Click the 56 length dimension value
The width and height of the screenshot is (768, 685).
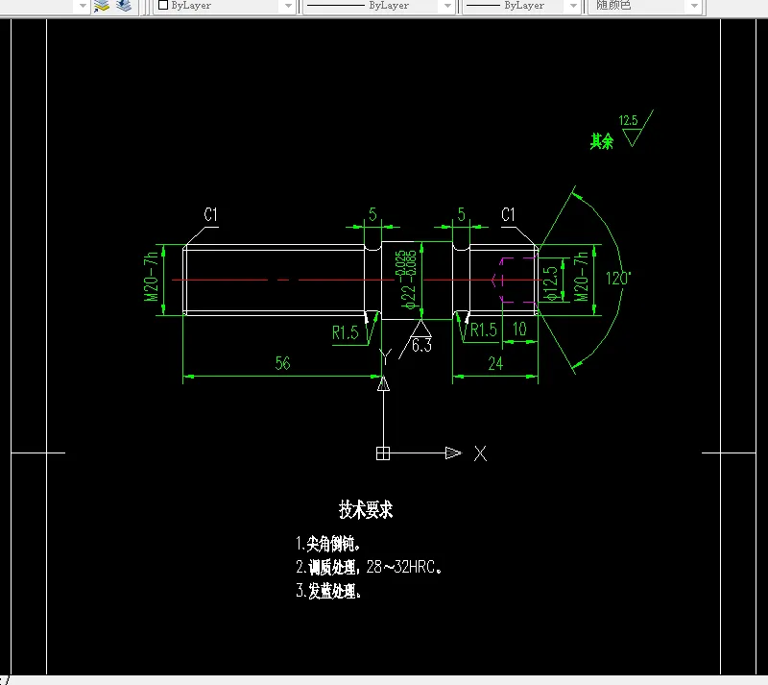tap(282, 363)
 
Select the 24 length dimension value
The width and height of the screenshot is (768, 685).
tap(495, 363)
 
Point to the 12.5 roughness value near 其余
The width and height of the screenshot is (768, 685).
tap(629, 121)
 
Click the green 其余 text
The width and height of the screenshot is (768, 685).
tap(602, 141)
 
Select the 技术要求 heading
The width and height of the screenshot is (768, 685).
tap(366, 510)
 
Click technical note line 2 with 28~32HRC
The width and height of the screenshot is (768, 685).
tap(371, 567)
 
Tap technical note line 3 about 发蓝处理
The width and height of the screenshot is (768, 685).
tap(329, 591)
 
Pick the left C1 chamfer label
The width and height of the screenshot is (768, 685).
tap(211, 215)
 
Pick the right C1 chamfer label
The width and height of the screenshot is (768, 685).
tap(509, 215)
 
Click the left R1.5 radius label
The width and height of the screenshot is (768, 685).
tap(346, 332)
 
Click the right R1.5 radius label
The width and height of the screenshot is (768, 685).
tap(483, 330)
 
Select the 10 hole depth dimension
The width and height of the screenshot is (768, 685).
tap(519, 330)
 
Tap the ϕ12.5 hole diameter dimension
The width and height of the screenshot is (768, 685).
tap(550, 283)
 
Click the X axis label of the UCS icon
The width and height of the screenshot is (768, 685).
tap(480, 453)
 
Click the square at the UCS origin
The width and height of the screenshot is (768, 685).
tap(383, 453)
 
